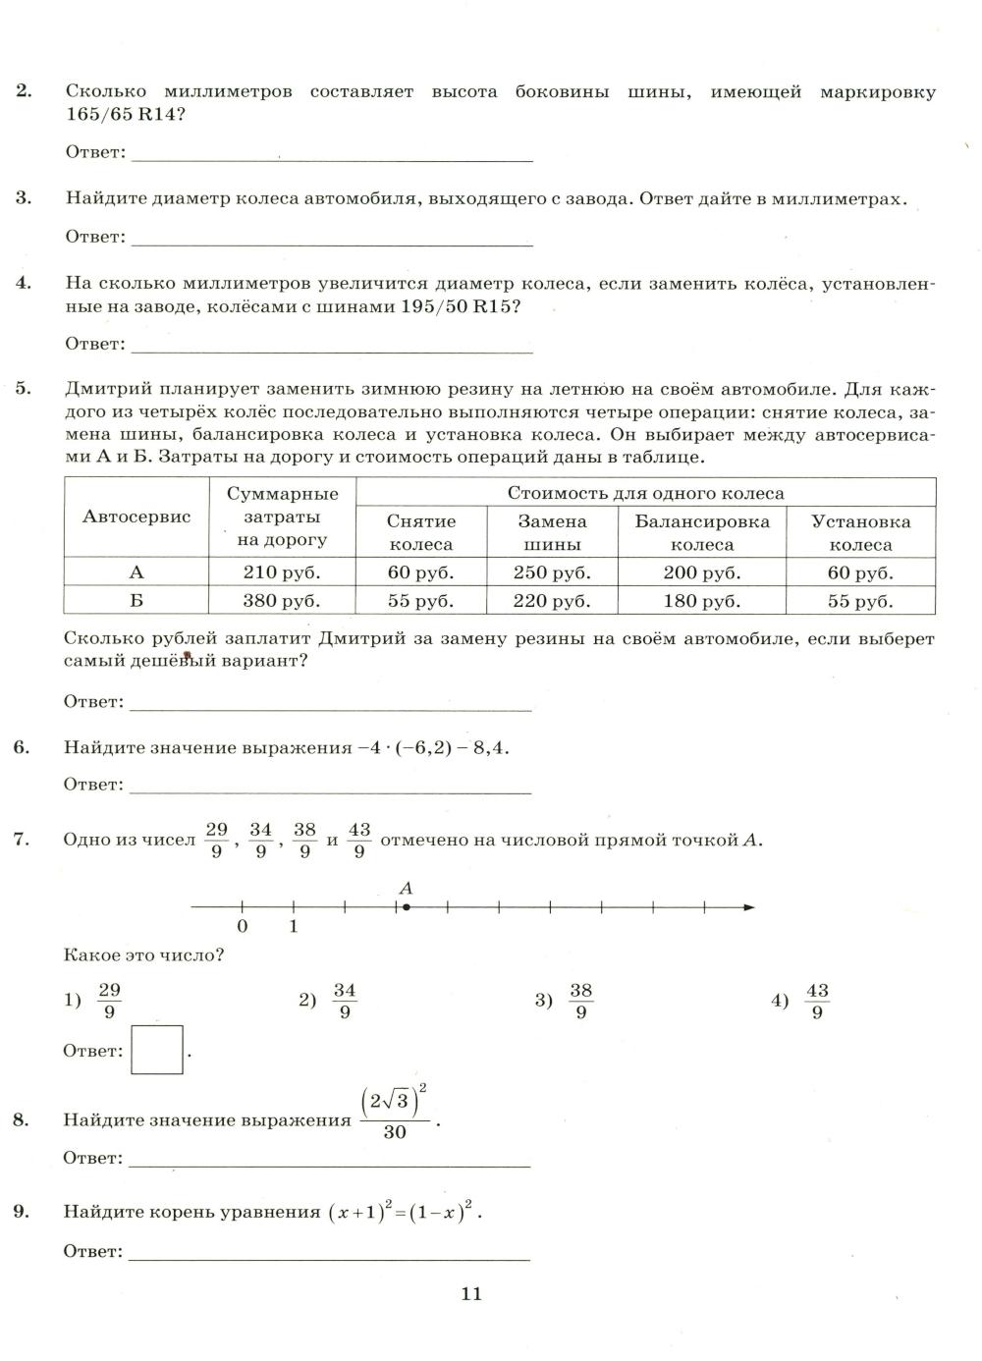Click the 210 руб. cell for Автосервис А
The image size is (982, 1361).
pyautogui.click(x=282, y=572)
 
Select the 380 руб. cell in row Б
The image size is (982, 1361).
pyautogui.click(x=282, y=601)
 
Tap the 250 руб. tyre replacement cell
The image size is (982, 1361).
pyautogui.click(x=552, y=572)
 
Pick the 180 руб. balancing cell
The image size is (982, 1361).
pyautogui.click(x=701, y=601)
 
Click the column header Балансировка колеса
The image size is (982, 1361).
pyautogui.click(x=701, y=532)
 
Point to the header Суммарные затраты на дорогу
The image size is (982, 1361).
pyautogui.click(x=282, y=517)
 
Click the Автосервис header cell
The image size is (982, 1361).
pyautogui.click(x=136, y=517)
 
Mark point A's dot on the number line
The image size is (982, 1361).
pyautogui.click(x=407, y=907)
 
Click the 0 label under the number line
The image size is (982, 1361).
pyautogui.click(x=243, y=926)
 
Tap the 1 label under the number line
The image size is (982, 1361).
pyautogui.click(x=294, y=926)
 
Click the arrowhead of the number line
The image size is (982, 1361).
pyautogui.click(x=749, y=907)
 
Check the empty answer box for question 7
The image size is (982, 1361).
pyautogui.click(x=157, y=1050)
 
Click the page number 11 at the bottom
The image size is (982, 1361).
pyautogui.click(x=471, y=1293)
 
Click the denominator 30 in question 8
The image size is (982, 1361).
pyautogui.click(x=395, y=1132)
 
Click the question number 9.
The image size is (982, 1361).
pyautogui.click(x=22, y=1211)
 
